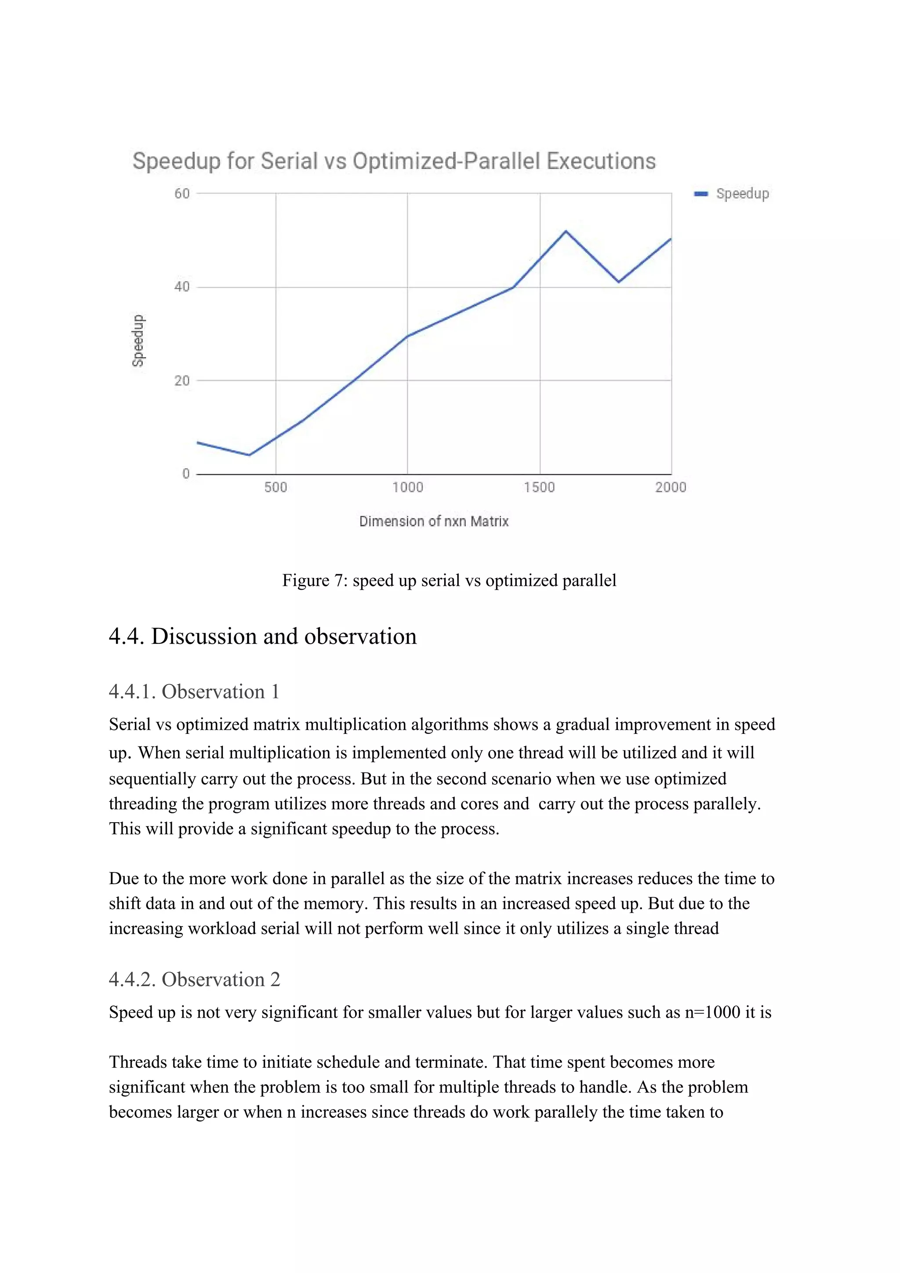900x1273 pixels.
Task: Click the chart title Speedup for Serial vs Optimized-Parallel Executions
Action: pos(394,161)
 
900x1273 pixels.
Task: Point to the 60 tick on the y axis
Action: pos(182,193)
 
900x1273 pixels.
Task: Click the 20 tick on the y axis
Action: pos(182,381)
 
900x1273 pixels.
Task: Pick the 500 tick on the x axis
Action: pos(276,487)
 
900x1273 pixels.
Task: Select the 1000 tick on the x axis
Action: pos(407,487)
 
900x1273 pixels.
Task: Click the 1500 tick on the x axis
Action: pos(539,487)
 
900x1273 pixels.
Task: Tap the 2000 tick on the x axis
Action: pos(671,487)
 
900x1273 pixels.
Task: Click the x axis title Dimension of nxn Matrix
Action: pos(434,521)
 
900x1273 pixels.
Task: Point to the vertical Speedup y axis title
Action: pos(138,341)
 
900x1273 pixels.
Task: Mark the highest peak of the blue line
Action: pos(566,231)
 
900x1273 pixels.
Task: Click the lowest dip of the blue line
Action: pos(250,455)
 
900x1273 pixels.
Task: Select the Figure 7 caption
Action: pos(449,580)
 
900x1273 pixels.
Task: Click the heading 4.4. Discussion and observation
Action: pos(262,636)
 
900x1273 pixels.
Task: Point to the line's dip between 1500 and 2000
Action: pos(618,282)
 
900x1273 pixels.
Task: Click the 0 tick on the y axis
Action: pos(186,474)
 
